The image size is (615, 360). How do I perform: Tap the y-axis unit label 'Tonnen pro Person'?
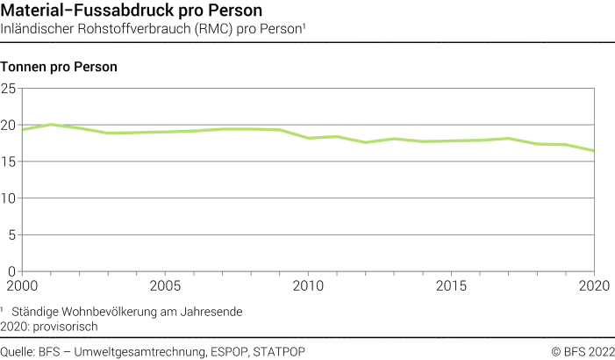60,67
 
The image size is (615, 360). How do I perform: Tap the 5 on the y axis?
12,234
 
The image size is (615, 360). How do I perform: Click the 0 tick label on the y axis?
12,271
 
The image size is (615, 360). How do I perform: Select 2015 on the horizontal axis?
452,286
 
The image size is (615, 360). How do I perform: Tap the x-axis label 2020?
595,286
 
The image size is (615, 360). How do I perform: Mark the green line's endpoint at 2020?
595,151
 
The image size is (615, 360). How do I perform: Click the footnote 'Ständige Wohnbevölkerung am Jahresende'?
126,311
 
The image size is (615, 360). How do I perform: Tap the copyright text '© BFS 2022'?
582,351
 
